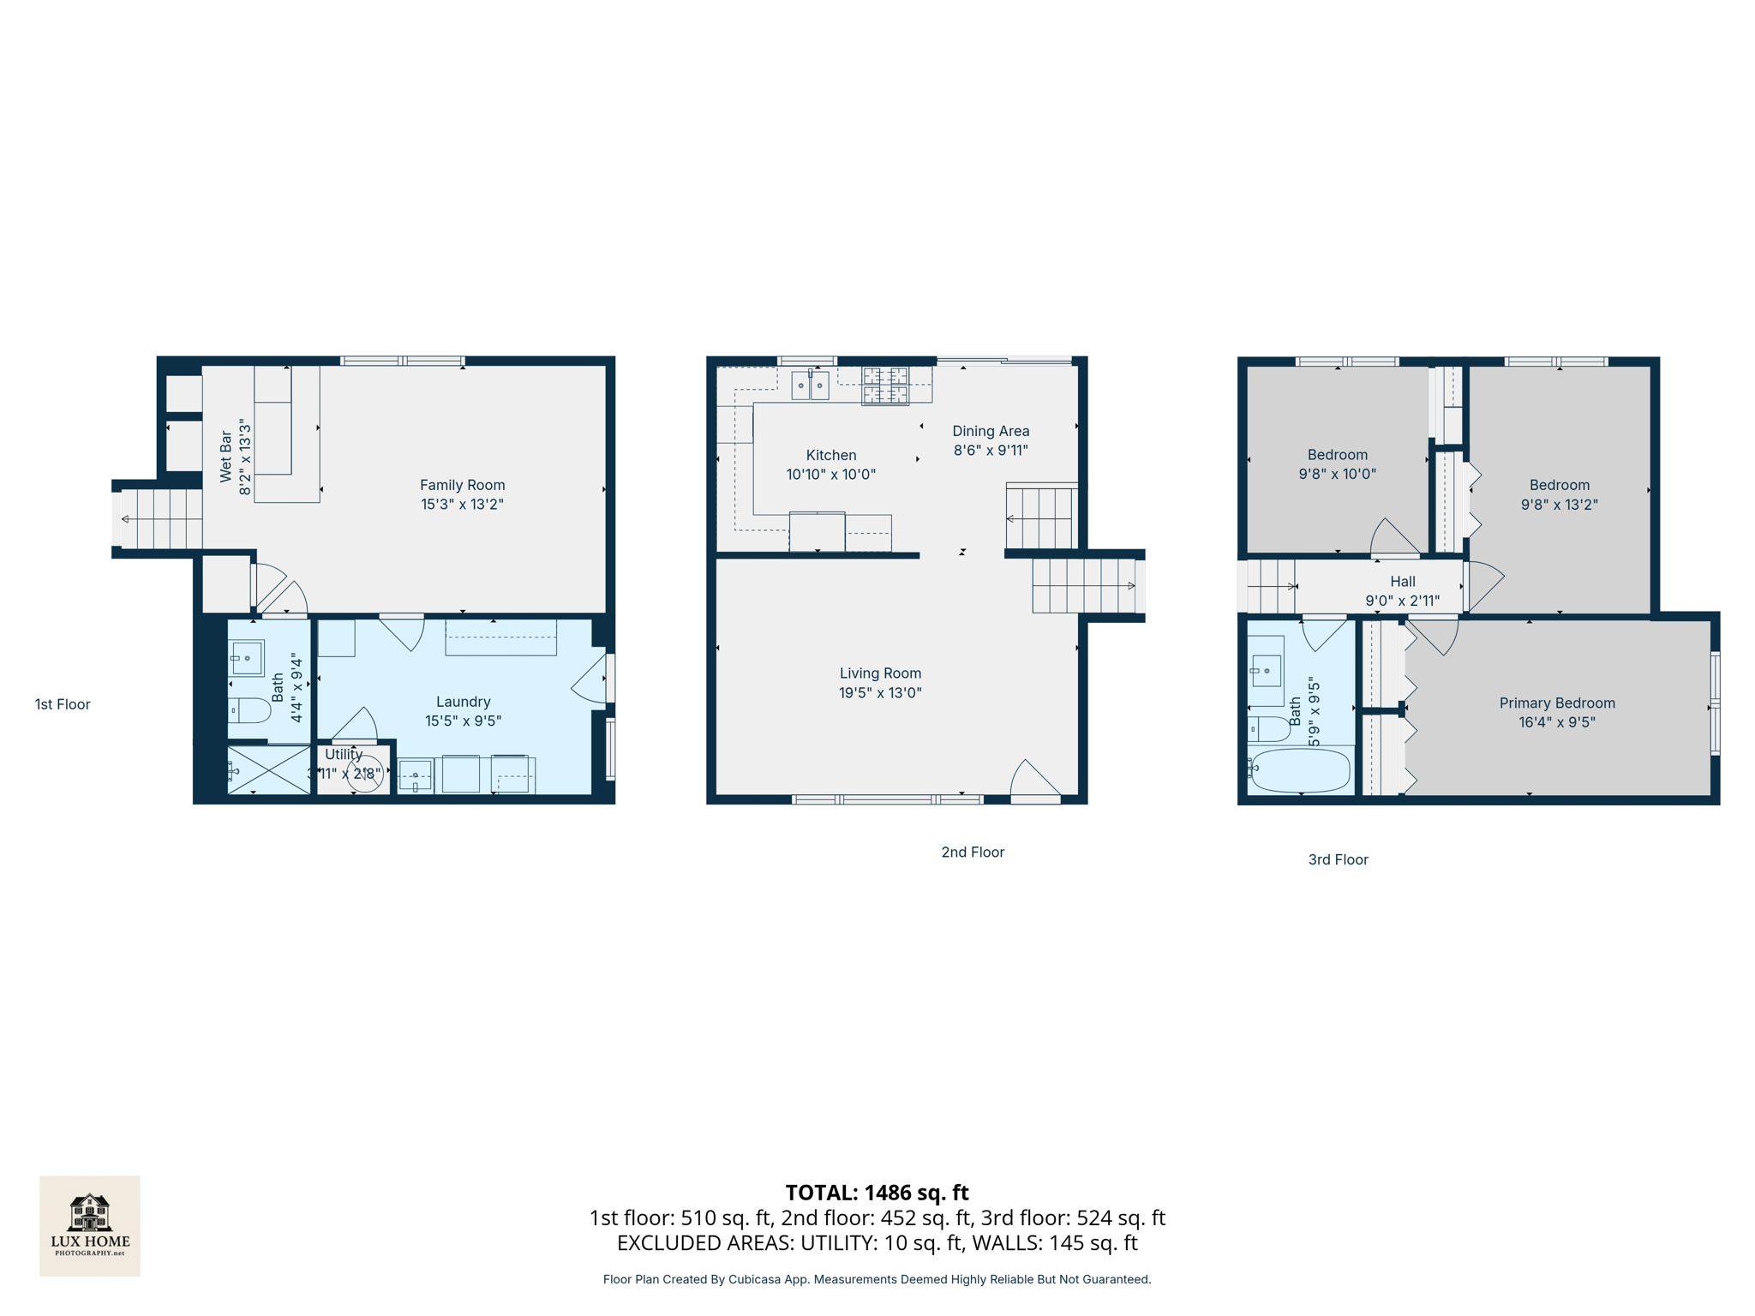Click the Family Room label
(x=462, y=485)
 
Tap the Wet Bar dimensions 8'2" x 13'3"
(x=246, y=457)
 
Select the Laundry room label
(x=463, y=702)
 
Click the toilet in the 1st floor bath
(x=249, y=710)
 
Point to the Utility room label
(x=344, y=754)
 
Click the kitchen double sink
(x=810, y=386)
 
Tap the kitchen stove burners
(x=885, y=385)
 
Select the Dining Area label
(x=991, y=431)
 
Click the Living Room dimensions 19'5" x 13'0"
(x=880, y=692)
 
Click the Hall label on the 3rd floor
(x=1402, y=581)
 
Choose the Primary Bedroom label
(x=1556, y=703)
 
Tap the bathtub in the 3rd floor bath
(x=1300, y=770)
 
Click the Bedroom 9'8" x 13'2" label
(x=1559, y=485)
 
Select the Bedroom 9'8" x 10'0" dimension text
(x=1337, y=474)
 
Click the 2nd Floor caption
(x=973, y=852)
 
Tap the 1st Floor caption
(x=63, y=704)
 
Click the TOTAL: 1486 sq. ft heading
(x=877, y=1192)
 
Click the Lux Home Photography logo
(x=90, y=1225)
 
